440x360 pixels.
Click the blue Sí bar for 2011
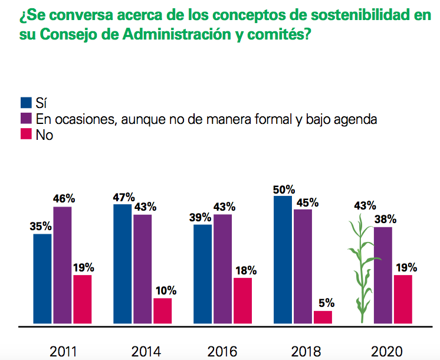(x=42, y=279)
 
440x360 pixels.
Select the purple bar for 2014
(x=142, y=269)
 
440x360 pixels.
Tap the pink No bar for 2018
(x=323, y=318)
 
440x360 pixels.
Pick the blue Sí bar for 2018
(x=283, y=260)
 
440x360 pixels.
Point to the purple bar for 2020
(x=383, y=275)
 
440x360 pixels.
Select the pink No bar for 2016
(x=242, y=300)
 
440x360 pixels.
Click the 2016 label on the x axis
(x=222, y=352)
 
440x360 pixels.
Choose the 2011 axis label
(x=62, y=352)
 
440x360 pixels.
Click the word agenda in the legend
(x=355, y=119)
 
